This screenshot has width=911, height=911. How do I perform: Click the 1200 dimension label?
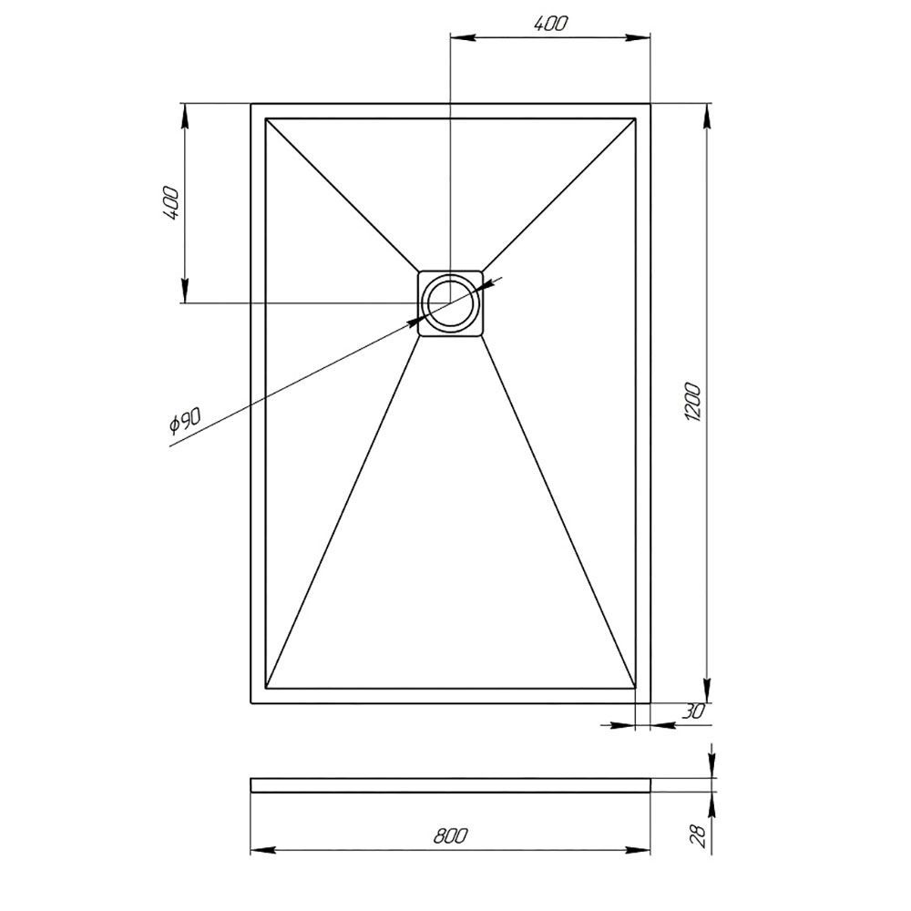coord(694,402)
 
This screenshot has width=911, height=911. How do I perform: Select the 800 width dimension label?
coord(451,835)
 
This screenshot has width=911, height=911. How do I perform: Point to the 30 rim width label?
coord(693,712)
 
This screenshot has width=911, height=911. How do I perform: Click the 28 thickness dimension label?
coord(697,834)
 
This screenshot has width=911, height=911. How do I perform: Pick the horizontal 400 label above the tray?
coord(551,26)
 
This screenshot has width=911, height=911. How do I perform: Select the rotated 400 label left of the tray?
coord(170,204)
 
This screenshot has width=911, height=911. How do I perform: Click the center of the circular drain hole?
coord(449,302)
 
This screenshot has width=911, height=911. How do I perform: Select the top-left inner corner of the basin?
coord(266,119)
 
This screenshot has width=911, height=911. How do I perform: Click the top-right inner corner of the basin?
coord(634,119)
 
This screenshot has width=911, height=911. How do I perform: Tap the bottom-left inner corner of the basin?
coord(266,687)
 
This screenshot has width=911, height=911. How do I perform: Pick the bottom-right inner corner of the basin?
coord(634,687)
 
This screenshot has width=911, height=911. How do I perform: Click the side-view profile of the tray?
coord(450,784)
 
